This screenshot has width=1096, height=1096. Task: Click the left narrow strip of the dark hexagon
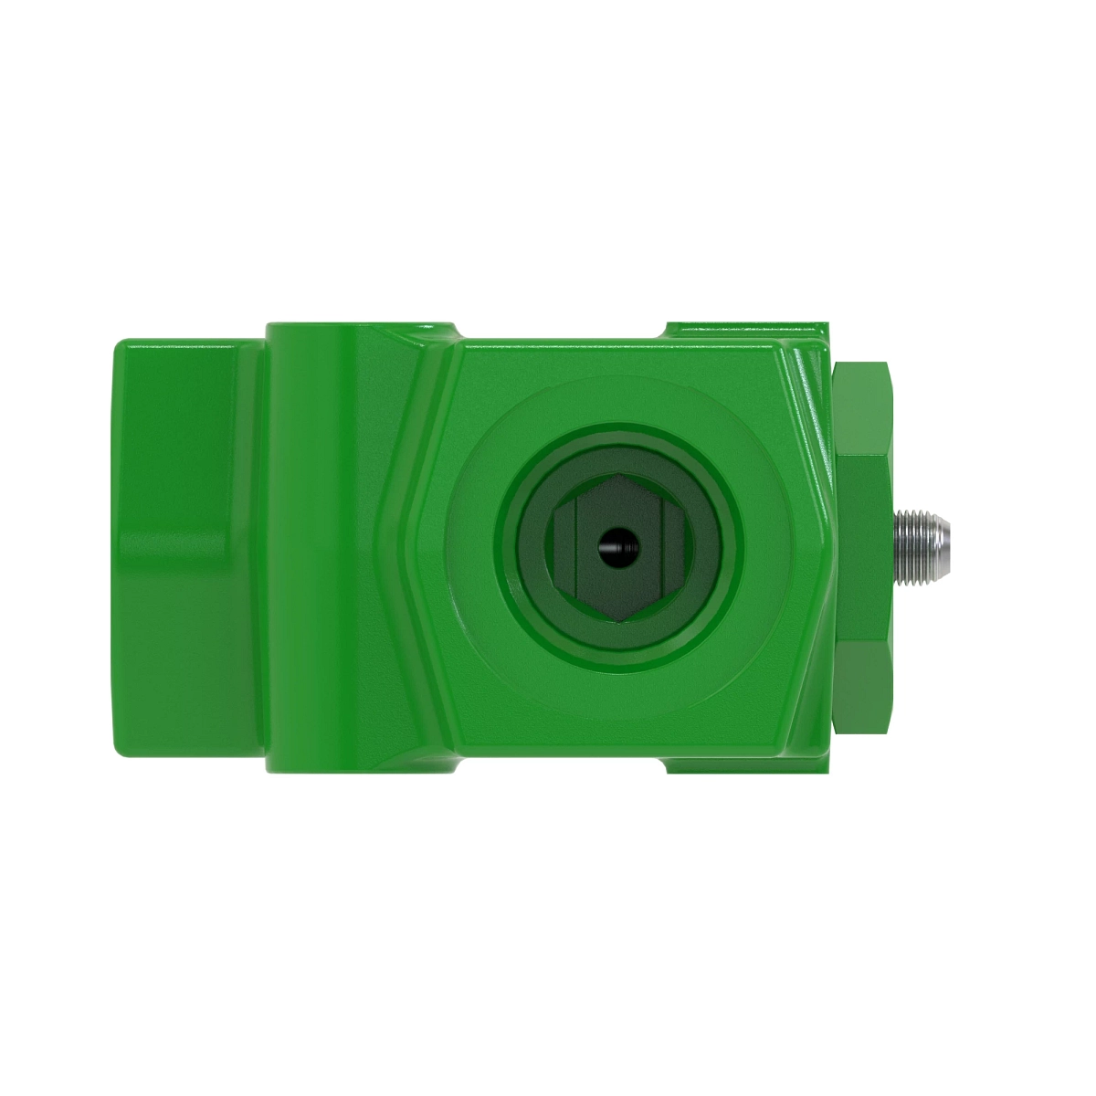(x=564, y=549)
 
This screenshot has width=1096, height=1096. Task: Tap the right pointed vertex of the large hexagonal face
(x=832, y=549)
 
